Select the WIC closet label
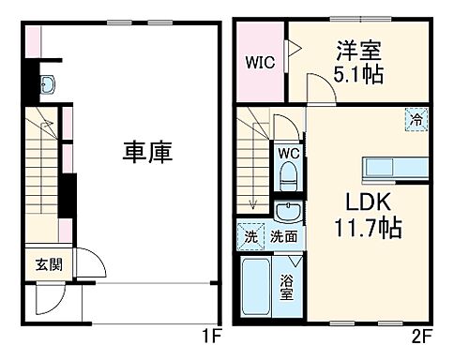pos(259,64)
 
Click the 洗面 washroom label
pos(283,236)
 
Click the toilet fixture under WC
pos(289,177)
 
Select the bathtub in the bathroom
pos(256,286)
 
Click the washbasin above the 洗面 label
pos(287,211)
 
